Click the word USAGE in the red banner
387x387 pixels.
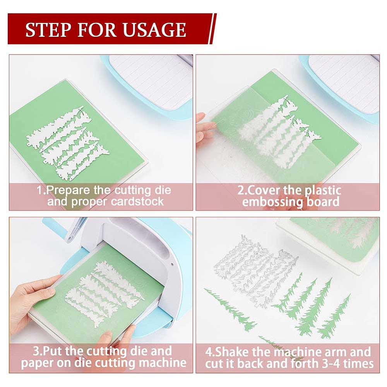coord(154,30)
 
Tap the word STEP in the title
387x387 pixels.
coord(46,30)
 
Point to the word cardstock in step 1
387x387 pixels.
coord(137,202)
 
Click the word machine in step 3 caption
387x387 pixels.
coord(163,363)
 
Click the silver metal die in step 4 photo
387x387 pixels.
coord(255,272)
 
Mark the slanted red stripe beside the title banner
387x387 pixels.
coord(213,29)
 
